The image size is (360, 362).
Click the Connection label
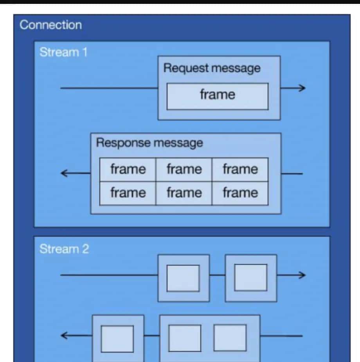point(50,25)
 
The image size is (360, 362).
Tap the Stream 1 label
point(63,52)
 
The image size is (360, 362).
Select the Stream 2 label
point(64,249)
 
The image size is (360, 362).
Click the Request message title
point(212,68)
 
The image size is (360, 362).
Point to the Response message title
point(149,143)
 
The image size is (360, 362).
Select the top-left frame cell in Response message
point(128,169)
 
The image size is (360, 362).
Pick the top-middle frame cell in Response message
point(184,169)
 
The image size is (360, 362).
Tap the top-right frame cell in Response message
point(240,169)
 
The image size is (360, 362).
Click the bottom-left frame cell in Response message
point(128,193)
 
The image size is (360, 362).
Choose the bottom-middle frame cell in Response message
point(184,193)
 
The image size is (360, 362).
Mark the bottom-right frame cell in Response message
point(240,193)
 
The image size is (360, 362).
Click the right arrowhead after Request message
point(301,88)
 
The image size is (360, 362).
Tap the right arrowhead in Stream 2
point(301,275)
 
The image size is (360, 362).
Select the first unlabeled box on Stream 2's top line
point(184,278)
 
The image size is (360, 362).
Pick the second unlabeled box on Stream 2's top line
point(251,278)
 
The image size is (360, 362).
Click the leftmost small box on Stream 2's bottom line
point(118,338)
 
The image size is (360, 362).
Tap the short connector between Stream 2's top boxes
point(217,275)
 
